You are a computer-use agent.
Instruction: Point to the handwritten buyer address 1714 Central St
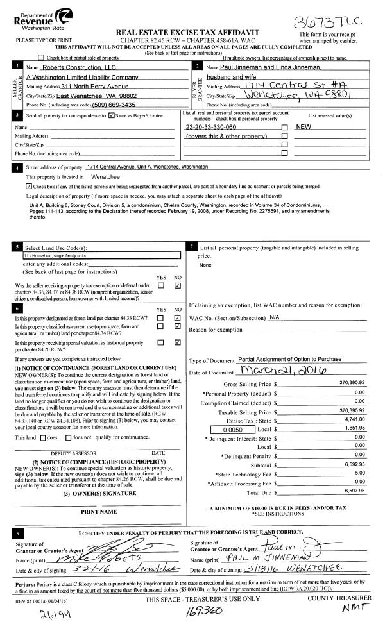(x=279, y=85)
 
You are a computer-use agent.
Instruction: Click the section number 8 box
(x=17, y=533)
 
